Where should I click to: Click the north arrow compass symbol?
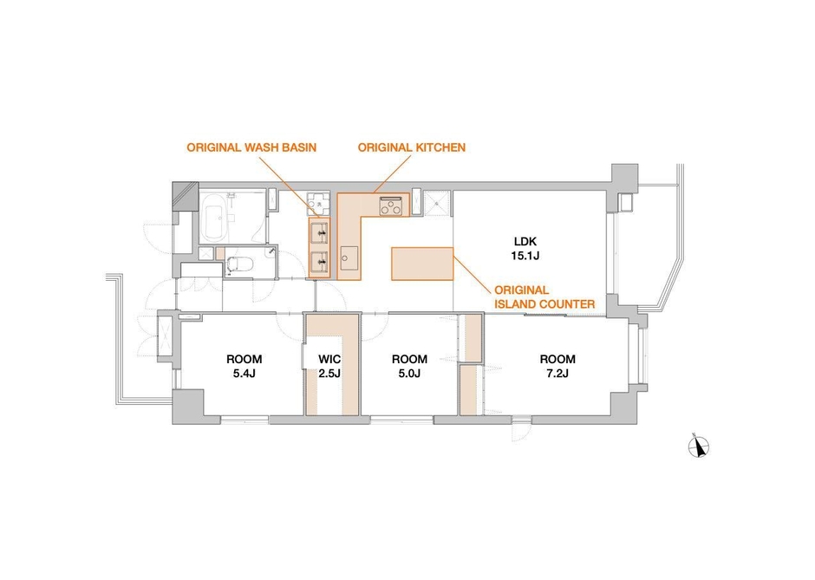click(x=699, y=446)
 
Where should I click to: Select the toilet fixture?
click(x=239, y=265)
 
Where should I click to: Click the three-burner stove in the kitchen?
click(x=391, y=205)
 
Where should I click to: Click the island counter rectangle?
click(x=422, y=264)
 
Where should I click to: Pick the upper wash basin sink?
click(x=320, y=233)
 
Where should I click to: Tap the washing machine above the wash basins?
click(x=318, y=204)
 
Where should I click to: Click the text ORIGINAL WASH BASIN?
click(x=251, y=147)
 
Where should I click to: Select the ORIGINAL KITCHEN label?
click(x=412, y=147)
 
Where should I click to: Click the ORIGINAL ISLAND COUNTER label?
click(x=544, y=297)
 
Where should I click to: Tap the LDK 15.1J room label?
click(x=525, y=248)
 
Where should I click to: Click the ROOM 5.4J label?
click(x=244, y=366)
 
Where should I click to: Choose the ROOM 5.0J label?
click(x=409, y=366)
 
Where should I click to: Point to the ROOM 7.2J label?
click(x=557, y=366)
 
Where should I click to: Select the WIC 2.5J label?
click(x=329, y=366)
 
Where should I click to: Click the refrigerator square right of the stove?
click(x=435, y=204)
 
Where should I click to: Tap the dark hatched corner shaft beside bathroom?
click(x=185, y=196)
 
